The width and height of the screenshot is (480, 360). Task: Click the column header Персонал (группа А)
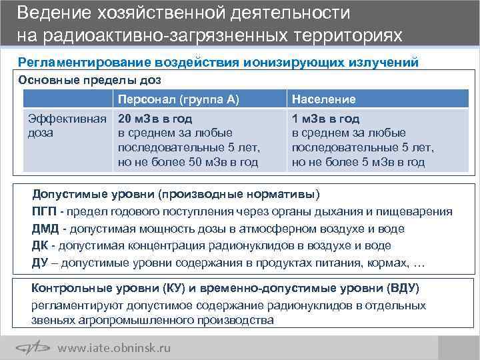178,99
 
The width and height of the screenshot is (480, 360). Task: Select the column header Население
323,99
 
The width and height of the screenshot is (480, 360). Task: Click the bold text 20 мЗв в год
155,119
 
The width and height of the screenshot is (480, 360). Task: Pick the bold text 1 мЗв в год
325,119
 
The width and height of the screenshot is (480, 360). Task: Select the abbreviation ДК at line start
39,245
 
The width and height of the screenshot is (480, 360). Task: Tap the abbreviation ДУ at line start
39,262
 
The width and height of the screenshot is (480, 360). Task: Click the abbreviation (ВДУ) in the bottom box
403,289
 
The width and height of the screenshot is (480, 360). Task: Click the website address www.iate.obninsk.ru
114,347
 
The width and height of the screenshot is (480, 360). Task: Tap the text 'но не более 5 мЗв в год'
358,162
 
